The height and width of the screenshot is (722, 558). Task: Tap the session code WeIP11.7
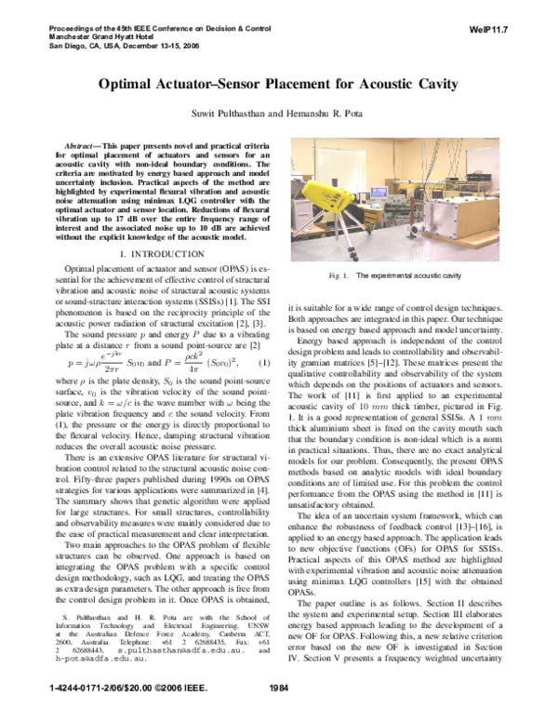click(486, 30)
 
